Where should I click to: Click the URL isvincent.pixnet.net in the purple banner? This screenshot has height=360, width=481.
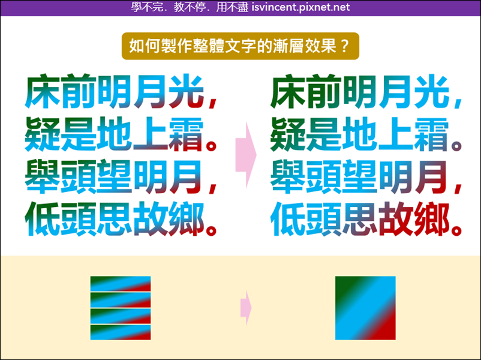pos(300,7)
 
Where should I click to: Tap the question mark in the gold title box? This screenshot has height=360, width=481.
pos(345,46)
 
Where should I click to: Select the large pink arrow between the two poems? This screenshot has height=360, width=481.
pos(246,155)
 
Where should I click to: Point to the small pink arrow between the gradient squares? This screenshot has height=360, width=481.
pos(246,308)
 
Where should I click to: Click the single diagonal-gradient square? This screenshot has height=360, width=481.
pos(365,308)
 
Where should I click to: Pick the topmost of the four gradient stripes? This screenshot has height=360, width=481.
pos(121,284)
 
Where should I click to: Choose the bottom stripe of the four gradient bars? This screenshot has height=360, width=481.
pos(121,332)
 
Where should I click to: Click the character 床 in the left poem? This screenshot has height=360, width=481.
pos(43,91)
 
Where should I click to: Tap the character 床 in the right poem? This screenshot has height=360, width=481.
pos(288,91)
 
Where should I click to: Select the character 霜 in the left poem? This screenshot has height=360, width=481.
pos(186,134)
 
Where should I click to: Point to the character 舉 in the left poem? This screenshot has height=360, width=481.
pos(43,176)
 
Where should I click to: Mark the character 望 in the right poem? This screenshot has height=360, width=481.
pos(359,176)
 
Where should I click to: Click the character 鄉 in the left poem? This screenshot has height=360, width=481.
pos(186,219)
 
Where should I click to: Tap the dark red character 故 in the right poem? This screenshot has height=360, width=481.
pos(396,219)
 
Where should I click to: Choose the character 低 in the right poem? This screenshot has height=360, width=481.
pos(288,219)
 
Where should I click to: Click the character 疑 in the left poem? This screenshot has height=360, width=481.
pos(43,134)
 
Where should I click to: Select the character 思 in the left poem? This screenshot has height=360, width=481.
pos(115,219)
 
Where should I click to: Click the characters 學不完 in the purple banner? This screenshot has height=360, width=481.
pos(147,7)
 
